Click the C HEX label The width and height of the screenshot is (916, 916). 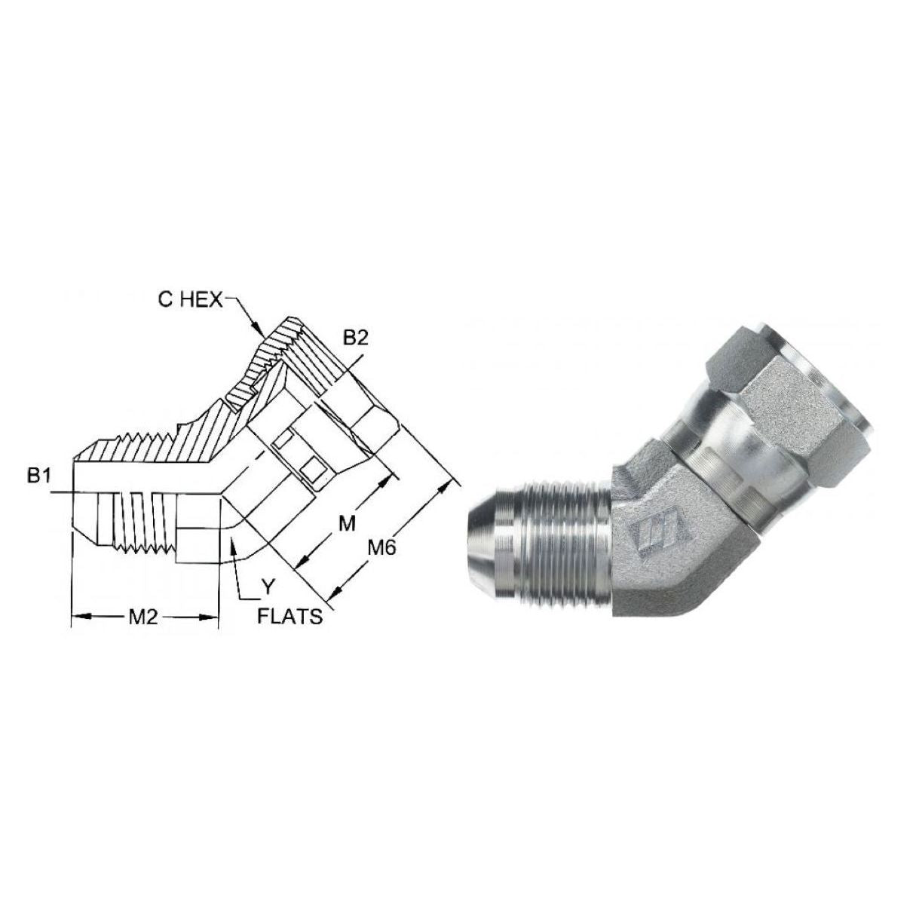point(190,300)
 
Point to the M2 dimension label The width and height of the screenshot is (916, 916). point(142,617)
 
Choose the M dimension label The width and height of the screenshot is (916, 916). point(346,522)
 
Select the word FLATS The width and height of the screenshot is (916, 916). point(290,617)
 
